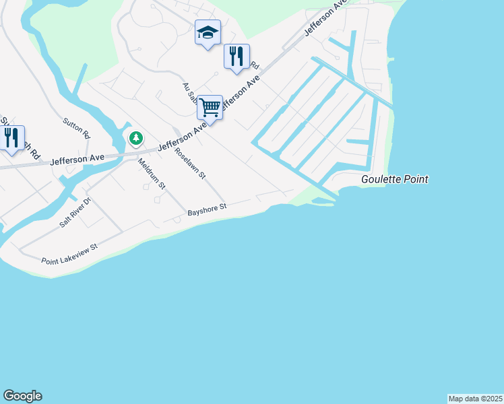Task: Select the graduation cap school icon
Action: tap(208, 32)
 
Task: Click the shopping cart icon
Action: tap(210, 107)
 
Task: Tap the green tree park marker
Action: tap(136, 138)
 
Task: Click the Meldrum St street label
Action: tap(152, 173)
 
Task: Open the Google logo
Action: tap(22, 396)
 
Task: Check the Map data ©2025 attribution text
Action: tap(475, 399)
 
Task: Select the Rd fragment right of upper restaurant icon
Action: tap(255, 66)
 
